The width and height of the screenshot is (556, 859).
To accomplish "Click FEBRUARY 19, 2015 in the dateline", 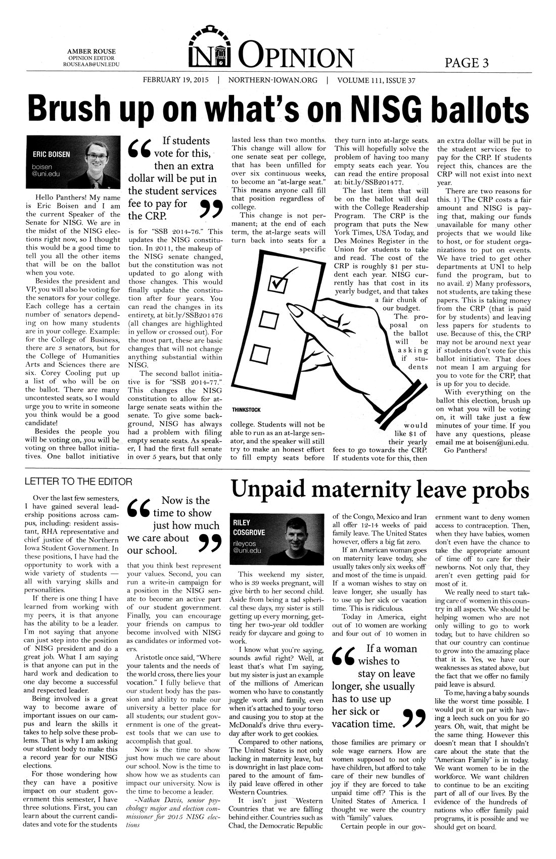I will (x=175, y=80).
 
